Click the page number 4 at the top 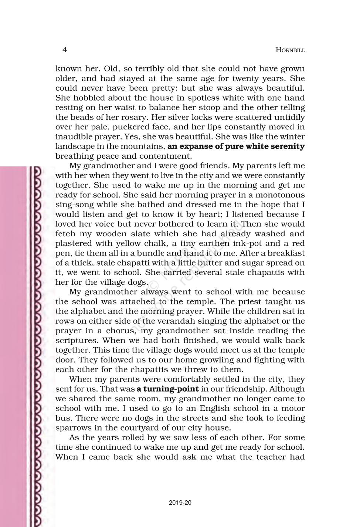click(x=65, y=50)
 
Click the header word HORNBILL click(x=290, y=50)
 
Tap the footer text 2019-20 click(x=180, y=503)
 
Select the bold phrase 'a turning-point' click(x=167, y=389)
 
